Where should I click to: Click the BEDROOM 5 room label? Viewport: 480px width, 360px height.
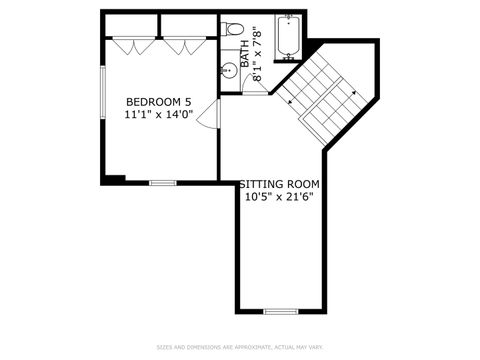(158, 102)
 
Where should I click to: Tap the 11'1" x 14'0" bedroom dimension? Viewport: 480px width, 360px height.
(158, 115)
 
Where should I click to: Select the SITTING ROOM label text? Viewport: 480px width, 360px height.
(279, 184)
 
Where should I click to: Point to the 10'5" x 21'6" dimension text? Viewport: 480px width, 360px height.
(279, 197)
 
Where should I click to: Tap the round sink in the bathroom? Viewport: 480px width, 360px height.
(229, 70)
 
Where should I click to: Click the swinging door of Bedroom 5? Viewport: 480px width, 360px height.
(207, 118)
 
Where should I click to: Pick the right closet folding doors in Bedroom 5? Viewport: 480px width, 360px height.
(182, 45)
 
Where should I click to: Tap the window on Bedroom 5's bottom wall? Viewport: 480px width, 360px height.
(163, 183)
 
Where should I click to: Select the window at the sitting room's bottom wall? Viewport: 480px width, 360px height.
(281, 311)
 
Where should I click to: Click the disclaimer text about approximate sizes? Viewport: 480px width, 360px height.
(240, 347)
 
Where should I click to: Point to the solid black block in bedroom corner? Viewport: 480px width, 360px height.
(114, 180)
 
